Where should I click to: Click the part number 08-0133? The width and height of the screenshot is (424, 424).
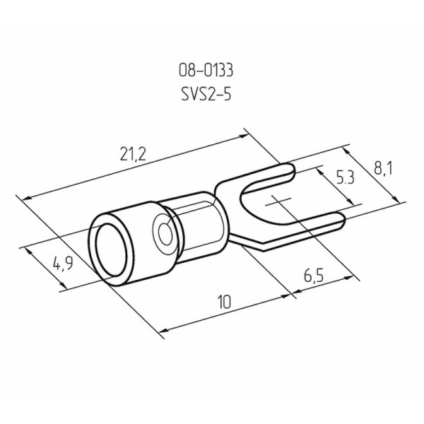click(x=206, y=71)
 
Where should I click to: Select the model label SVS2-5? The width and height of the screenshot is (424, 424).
click(x=206, y=95)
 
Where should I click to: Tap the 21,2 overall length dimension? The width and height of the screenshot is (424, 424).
click(x=133, y=155)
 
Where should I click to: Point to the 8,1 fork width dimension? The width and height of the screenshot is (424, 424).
click(x=382, y=168)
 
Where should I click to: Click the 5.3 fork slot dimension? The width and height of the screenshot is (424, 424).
click(x=345, y=178)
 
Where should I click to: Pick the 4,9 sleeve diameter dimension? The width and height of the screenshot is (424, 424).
click(x=63, y=264)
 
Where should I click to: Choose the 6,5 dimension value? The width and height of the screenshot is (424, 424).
click(x=314, y=276)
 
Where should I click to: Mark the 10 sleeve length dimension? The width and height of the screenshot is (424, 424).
click(x=225, y=302)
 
